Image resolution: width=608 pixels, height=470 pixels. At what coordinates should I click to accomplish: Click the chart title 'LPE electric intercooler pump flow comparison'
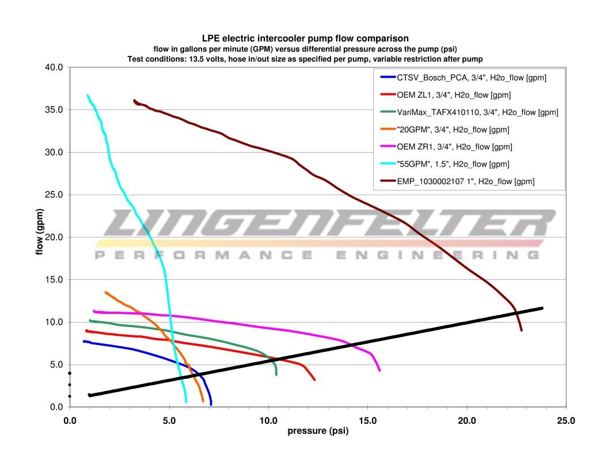305,39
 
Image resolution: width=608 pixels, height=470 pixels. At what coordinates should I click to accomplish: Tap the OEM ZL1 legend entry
453,94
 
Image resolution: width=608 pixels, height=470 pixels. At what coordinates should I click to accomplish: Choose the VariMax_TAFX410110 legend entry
477,112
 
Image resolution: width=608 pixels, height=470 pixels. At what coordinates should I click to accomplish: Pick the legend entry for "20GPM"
453,130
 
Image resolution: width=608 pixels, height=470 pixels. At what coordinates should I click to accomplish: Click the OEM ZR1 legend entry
454,147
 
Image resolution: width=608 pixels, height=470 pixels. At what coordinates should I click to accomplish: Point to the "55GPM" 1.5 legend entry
454,164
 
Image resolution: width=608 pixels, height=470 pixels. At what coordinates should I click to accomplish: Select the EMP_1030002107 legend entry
465,181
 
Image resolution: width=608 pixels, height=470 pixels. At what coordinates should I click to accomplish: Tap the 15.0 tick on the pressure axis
367,421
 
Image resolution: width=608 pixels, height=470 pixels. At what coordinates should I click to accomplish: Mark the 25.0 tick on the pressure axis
566,421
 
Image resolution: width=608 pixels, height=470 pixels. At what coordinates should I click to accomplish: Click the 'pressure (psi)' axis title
318,431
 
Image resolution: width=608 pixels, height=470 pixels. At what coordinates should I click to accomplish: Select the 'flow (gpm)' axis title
40,237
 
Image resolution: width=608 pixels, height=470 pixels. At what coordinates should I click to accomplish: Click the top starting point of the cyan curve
88,95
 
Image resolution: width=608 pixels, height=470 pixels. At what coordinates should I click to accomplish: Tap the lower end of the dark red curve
522,330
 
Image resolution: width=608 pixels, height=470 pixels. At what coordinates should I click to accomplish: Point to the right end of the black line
542,308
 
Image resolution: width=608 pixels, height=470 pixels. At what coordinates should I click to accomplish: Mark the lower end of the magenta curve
379,370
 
